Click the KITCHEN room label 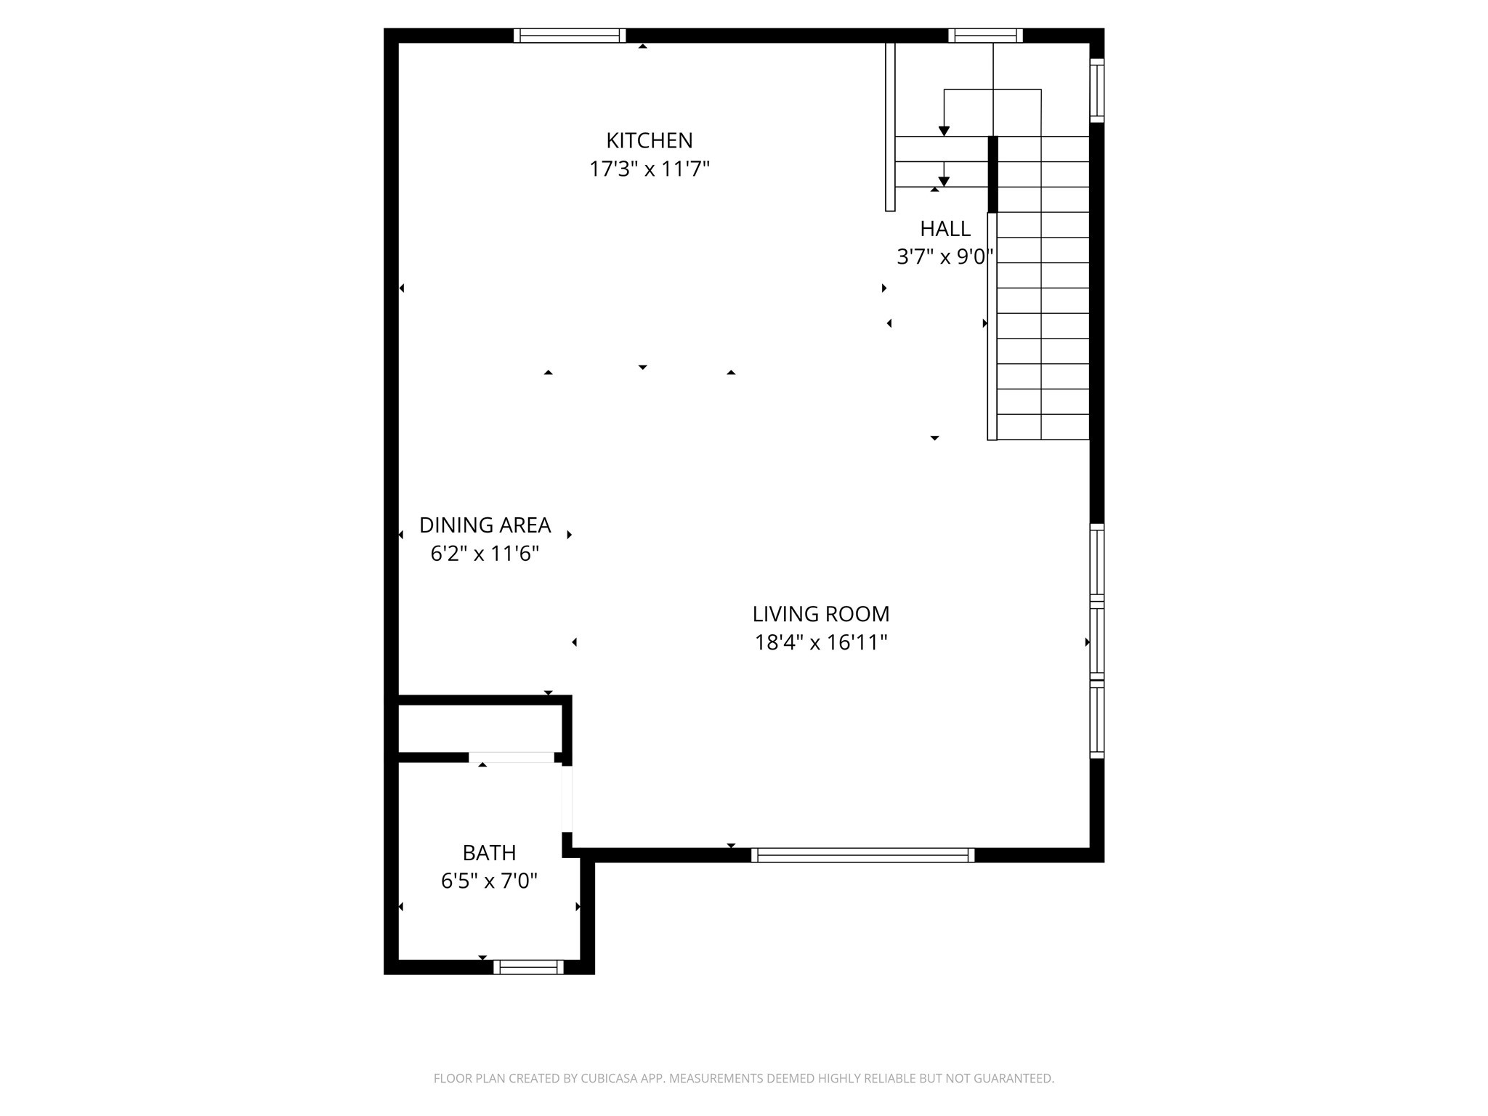[x=649, y=140]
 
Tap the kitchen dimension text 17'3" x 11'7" [x=649, y=169]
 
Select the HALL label [x=945, y=229]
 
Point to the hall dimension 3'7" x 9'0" [x=945, y=257]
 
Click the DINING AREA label [x=485, y=525]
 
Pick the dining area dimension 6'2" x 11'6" [x=485, y=554]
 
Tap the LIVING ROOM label [x=820, y=614]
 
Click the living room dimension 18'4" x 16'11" [x=821, y=643]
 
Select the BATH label [x=489, y=852]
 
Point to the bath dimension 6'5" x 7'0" [x=489, y=881]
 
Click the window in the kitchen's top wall [x=570, y=36]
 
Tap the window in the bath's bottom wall [x=528, y=967]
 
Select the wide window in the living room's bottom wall [x=862, y=855]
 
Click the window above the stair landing [x=985, y=36]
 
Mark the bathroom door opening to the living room [x=567, y=799]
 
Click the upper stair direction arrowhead [x=944, y=132]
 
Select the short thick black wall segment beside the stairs [x=992, y=174]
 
